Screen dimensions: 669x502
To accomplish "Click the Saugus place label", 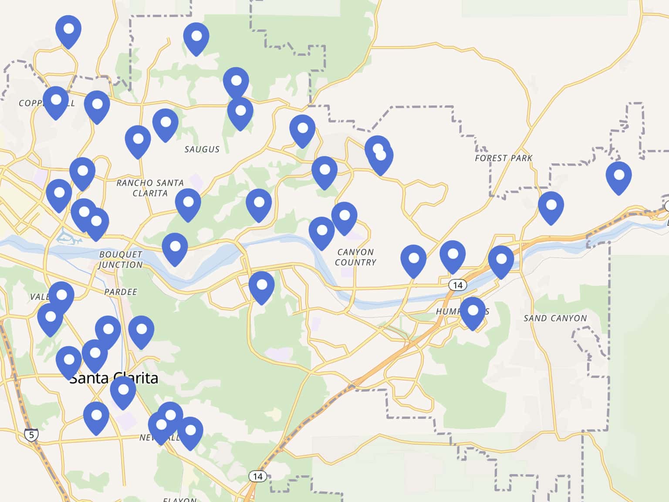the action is pyautogui.click(x=202, y=149).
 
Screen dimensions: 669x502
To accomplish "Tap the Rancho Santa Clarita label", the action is pyautogui.click(x=150, y=188).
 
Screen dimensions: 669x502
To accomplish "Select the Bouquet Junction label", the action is pyautogui.click(x=120, y=259).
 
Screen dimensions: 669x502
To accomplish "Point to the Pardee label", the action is pyautogui.click(x=121, y=292).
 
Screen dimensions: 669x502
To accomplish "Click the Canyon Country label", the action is pyautogui.click(x=355, y=257).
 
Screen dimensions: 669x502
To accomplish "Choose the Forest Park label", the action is pyautogui.click(x=503, y=158).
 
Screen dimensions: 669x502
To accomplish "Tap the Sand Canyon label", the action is pyautogui.click(x=555, y=318).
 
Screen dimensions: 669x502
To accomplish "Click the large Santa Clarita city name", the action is pyautogui.click(x=114, y=378).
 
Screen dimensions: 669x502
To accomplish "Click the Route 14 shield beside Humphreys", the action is pyautogui.click(x=457, y=285).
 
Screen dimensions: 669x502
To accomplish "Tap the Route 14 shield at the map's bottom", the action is pyautogui.click(x=257, y=476).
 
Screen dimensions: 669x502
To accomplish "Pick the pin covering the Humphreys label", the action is pyautogui.click(x=473, y=312).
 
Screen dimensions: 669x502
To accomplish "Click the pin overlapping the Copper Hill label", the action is pyautogui.click(x=56, y=102).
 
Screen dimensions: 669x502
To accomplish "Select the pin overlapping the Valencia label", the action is pyautogui.click(x=61, y=297).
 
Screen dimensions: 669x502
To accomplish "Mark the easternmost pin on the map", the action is pyautogui.click(x=618, y=177).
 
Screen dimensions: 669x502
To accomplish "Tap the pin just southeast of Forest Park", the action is pyautogui.click(x=551, y=207).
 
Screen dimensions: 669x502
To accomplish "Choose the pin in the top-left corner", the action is pyautogui.click(x=68, y=31).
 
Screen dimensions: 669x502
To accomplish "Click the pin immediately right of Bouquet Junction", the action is pyautogui.click(x=175, y=248).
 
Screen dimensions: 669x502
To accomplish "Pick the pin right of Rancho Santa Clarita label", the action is pyautogui.click(x=188, y=204).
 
